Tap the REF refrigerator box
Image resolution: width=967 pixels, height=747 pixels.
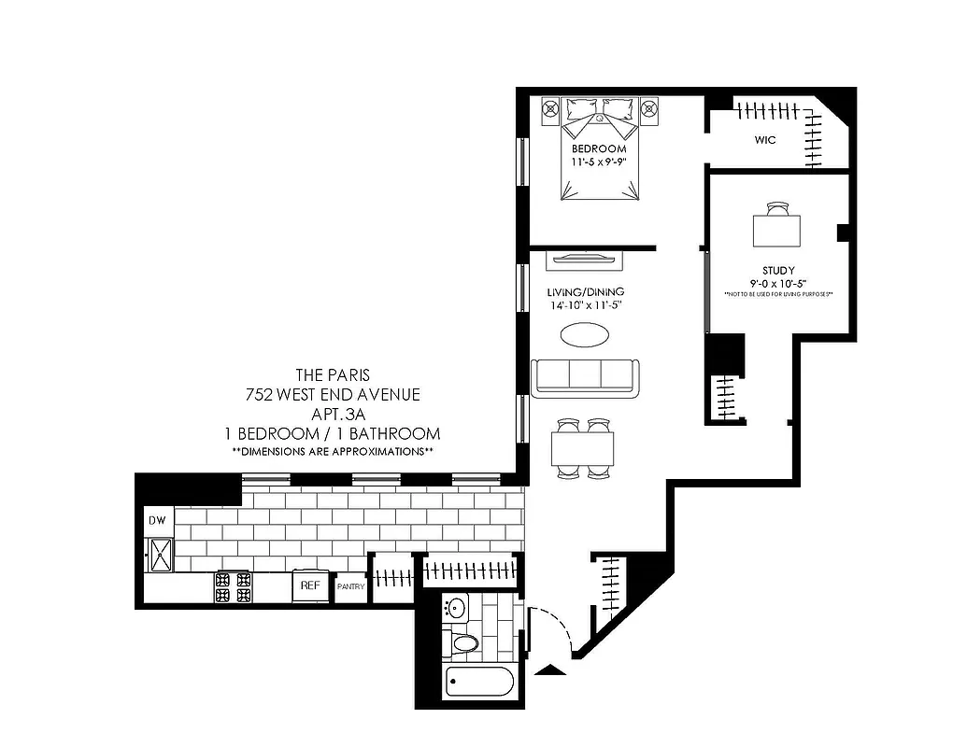click(x=308, y=585)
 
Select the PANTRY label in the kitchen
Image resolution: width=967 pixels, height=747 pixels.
click(x=350, y=587)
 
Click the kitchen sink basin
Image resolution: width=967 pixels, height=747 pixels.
click(x=158, y=554)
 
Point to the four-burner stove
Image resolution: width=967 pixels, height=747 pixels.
click(x=233, y=586)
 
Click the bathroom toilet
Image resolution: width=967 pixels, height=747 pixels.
click(x=463, y=643)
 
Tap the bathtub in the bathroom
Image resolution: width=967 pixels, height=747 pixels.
click(x=479, y=684)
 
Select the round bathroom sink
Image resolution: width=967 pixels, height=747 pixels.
click(x=456, y=608)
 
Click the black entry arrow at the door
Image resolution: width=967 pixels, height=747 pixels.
click(x=552, y=669)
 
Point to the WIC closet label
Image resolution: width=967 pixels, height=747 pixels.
click(x=765, y=140)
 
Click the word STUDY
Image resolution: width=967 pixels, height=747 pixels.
click(x=777, y=271)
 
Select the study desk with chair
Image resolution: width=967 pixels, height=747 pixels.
click(x=777, y=224)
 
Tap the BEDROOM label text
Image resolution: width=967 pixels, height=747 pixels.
click(x=599, y=149)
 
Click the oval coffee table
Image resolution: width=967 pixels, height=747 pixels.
click(x=587, y=334)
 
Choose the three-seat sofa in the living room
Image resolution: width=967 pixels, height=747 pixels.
click(x=586, y=376)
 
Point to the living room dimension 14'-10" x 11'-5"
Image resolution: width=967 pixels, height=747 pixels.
click(x=586, y=305)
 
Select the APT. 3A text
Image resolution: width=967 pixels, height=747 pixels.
click(x=332, y=414)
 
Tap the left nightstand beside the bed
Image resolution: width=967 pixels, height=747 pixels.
click(x=550, y=111)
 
